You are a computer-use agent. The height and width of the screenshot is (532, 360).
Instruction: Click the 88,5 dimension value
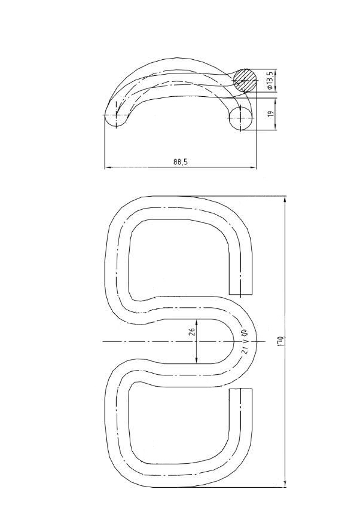(180, 162)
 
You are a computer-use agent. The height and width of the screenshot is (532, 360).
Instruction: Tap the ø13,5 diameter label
(270, 81)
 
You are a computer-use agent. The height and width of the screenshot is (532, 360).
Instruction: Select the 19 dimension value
(270, 114)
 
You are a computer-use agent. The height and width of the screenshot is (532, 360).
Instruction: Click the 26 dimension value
(192, 332)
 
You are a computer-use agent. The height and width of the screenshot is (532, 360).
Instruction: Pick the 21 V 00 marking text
(244, 341)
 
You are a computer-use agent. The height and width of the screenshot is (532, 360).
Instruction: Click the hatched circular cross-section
(245, 80)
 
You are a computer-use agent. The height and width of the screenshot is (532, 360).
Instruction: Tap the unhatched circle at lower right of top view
(240, 118)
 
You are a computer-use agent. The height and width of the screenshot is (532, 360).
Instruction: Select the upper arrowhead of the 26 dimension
(197, 322)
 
